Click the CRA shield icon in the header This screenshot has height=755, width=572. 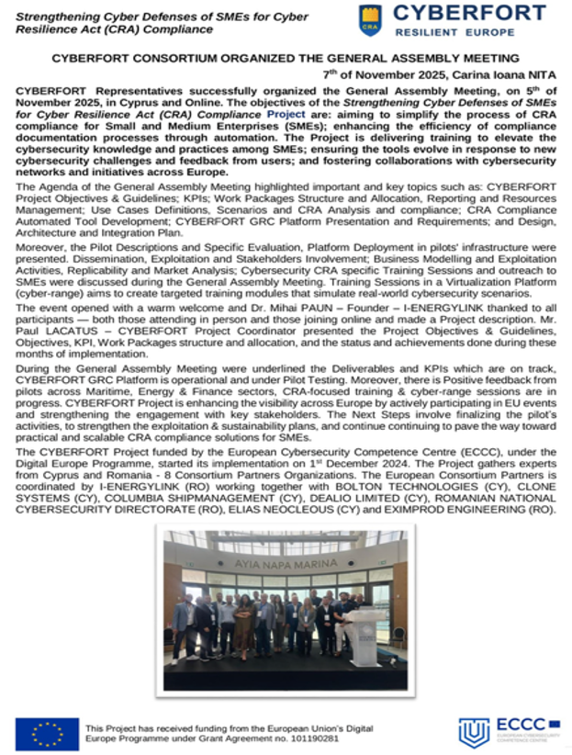(369, 20)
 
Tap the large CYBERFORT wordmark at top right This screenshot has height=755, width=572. (469, 14)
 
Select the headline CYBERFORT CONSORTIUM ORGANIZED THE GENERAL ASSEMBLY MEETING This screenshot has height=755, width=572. (284, 57)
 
